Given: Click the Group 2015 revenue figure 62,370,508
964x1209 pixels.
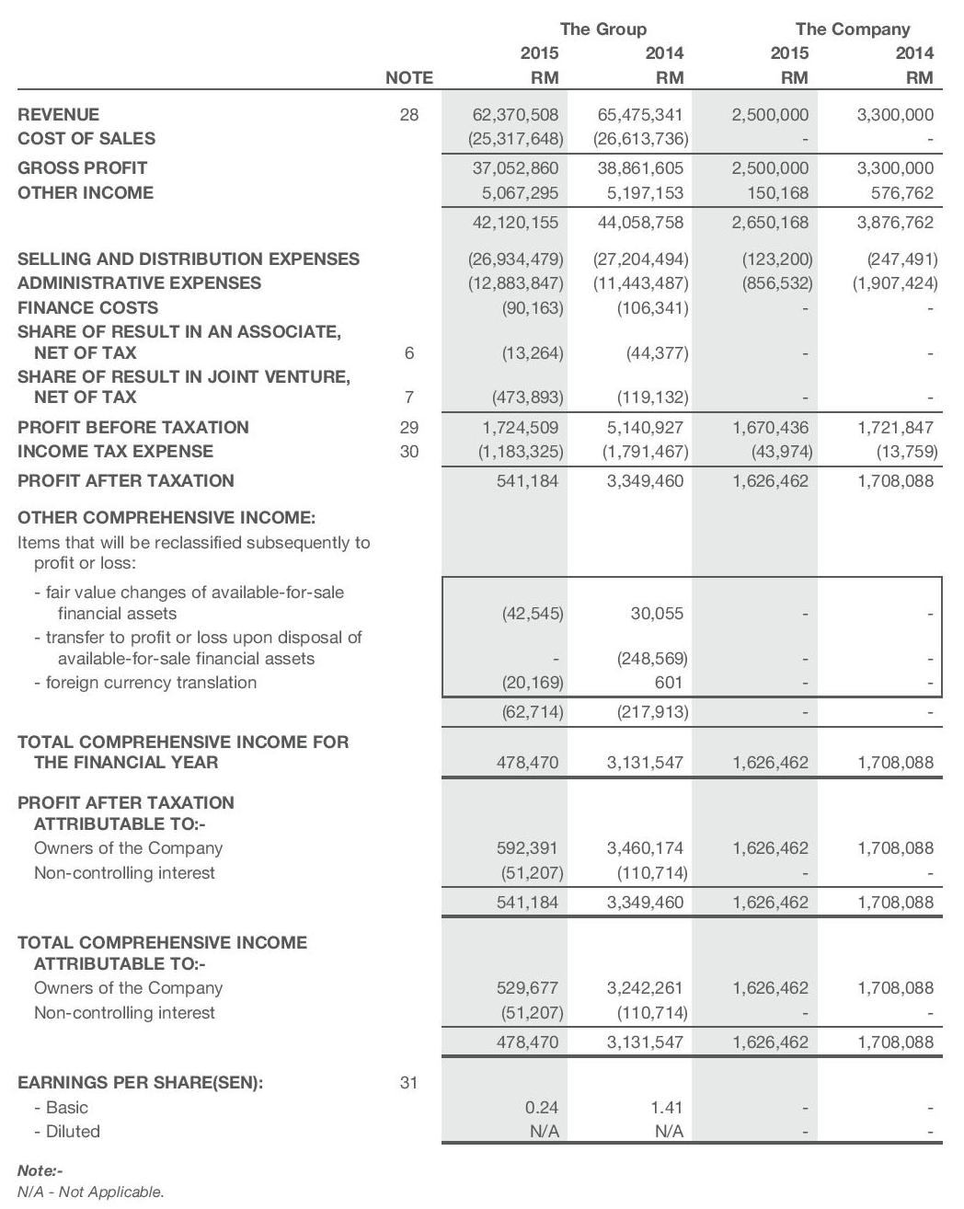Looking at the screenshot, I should [515, 115].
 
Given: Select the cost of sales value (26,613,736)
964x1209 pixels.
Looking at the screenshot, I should [641, 139].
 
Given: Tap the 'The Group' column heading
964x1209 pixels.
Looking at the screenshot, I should [602, 29].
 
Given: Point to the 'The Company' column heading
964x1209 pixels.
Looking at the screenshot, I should [853, 29].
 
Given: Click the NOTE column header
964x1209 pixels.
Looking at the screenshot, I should [409, 78].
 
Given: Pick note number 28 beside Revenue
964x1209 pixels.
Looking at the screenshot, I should [409, 115].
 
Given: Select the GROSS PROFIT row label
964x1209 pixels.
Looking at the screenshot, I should [83, 168].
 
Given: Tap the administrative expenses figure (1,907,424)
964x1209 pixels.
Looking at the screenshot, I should [894, 283].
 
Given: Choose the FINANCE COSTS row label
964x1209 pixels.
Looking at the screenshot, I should [88, 308].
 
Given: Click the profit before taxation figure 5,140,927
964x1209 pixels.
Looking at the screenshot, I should [645, 428].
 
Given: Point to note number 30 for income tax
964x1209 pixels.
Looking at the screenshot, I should [409, 452].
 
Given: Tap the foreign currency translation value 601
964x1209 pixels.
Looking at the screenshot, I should [669, 683].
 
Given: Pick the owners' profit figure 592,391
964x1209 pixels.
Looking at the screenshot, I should [527, 848].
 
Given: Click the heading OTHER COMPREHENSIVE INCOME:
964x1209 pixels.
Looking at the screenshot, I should [166, 518].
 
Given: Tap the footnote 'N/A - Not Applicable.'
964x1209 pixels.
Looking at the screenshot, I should [91, 1192].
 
